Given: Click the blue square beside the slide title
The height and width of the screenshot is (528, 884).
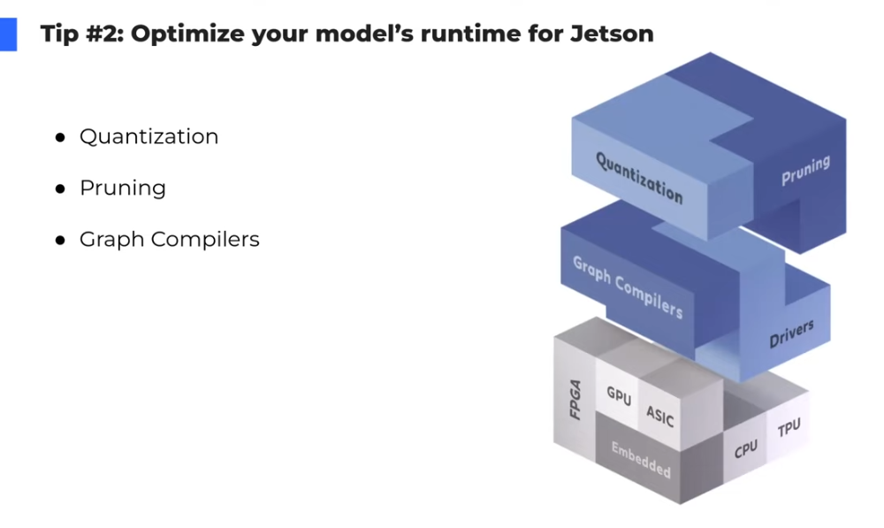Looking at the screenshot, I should tap(8, 34).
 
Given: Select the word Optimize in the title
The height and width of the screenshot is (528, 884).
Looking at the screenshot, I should tap(179, 34).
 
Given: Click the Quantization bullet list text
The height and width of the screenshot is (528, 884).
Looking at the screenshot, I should tap(149, 137).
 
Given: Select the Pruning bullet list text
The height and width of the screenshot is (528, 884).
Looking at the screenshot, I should tap(122, 188).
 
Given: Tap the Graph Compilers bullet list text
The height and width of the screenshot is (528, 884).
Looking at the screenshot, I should tap(169, 240).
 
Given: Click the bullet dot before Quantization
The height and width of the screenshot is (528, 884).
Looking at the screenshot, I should tap(60, 138).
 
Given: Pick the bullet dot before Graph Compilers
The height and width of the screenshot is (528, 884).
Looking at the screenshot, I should tap(60, 241).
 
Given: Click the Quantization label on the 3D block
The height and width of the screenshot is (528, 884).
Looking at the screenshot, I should tap(638, 177).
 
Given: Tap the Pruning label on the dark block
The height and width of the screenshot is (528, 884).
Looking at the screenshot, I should tap(805, 171).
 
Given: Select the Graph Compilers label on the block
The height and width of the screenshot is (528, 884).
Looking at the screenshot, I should tap(627, 287).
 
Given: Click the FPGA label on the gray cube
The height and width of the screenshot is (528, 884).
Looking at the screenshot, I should tap(575, 399).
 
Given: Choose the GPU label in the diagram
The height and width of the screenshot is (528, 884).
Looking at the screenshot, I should tap(619, 396).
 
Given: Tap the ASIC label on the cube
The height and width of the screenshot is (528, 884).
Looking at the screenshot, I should tap(659, 415).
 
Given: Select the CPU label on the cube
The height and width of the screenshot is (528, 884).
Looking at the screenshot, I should tap(746, 449).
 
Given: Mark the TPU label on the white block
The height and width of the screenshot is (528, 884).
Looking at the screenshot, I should tap(789, 429).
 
